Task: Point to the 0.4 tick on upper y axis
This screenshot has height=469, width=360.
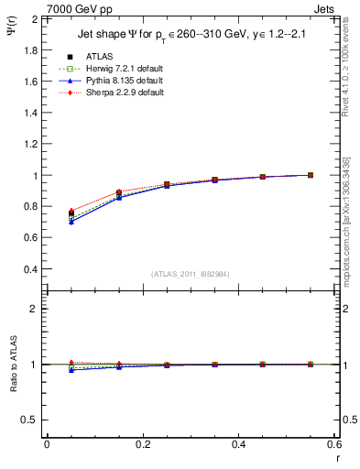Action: coord(29,269)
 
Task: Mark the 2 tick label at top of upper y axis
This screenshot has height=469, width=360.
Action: coord(34,19)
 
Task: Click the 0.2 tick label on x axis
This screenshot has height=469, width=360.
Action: coord(142,444)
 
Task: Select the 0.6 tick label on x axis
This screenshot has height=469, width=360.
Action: coord(333,444)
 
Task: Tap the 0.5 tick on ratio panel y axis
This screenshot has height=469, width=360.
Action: coord(29,420)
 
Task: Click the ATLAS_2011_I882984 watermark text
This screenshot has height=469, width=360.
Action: coord(191,274)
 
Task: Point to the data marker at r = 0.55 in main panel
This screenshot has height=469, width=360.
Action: coord(311,175)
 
